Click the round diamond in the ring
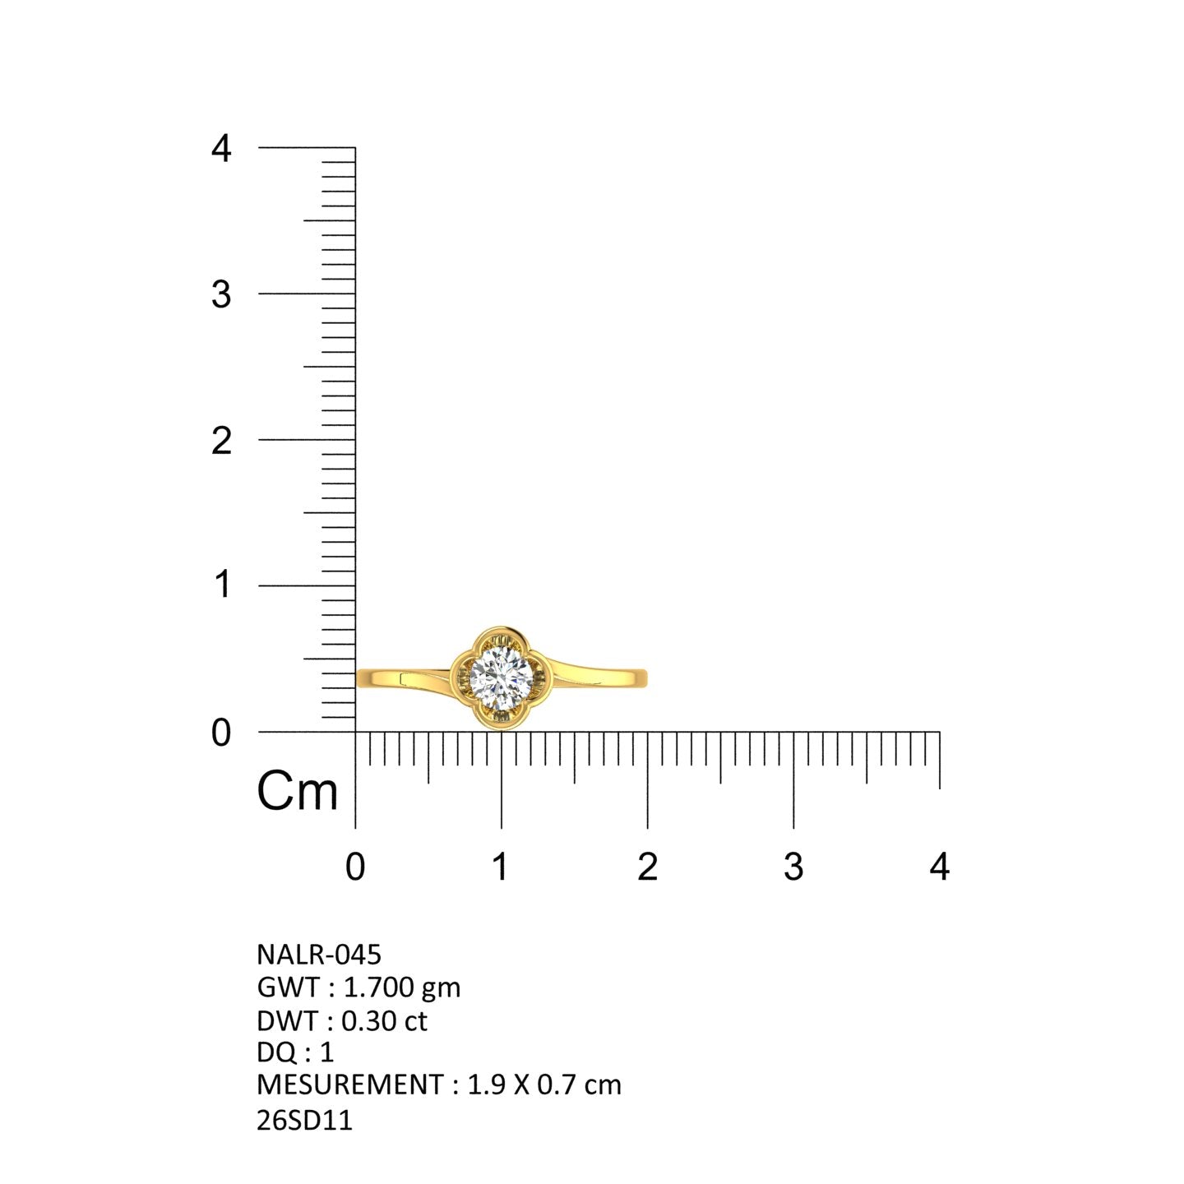501,678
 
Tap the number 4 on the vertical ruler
221,148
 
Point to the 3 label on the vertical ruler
221,294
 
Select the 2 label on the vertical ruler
221,441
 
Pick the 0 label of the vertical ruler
221,733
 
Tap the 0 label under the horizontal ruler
355,867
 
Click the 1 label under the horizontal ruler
501,867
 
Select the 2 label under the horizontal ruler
648,867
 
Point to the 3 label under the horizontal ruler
793,867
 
